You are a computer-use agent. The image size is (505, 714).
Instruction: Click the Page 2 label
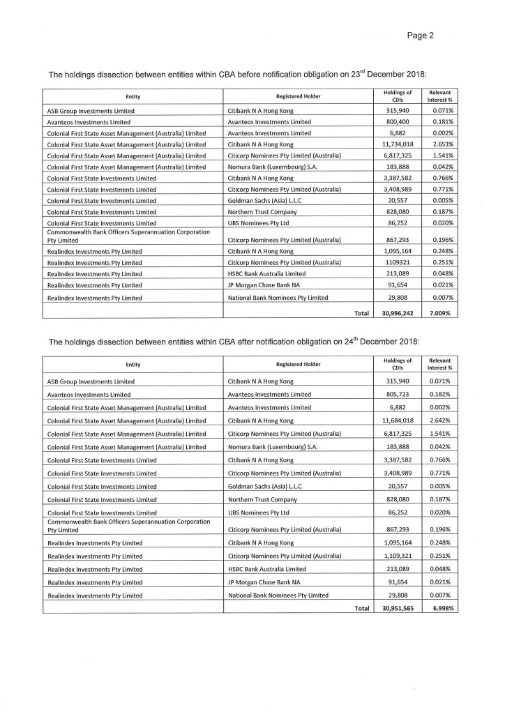pos(421,36)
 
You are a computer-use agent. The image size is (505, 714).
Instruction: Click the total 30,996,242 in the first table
pos(398,313)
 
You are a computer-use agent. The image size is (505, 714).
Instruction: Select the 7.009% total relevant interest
pos(440,313)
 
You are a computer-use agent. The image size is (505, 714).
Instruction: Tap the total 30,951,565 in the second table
pos(398,607)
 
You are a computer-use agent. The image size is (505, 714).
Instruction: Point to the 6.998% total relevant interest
pos(440,607)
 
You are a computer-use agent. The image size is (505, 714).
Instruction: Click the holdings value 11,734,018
pos(398,144)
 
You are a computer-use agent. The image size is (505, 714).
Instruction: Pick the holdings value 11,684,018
pos(398,420)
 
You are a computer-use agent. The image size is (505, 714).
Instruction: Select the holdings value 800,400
pos(401,121)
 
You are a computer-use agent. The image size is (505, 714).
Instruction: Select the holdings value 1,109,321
pos(399,556)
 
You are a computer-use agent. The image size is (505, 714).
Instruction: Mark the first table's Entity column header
pos(133,96)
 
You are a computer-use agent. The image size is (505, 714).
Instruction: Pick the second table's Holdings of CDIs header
pos(398,364)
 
